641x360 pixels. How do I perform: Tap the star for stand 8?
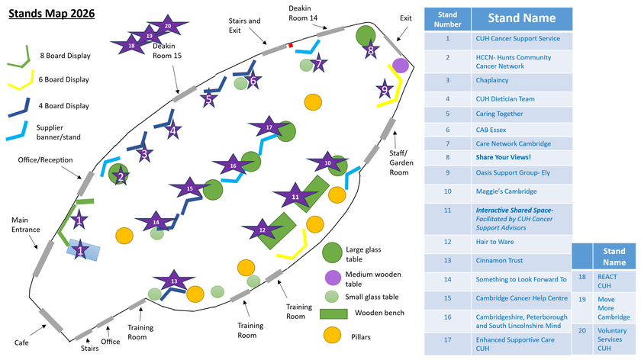371,51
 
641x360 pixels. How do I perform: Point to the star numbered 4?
172,130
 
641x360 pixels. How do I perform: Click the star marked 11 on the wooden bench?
295,196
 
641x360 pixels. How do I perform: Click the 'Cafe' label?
21,342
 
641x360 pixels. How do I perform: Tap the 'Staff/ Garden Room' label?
401,157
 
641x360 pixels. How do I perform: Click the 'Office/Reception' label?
45,160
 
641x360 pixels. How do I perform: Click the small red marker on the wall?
291,47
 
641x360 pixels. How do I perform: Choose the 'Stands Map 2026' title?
52,13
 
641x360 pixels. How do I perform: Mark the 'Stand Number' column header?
447,18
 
